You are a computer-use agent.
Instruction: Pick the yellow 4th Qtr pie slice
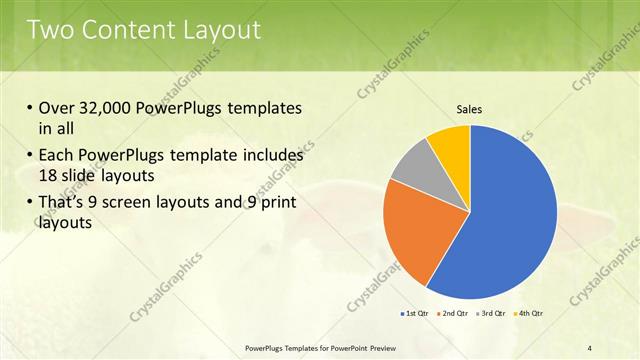pyautogui.click(x=451, y=146)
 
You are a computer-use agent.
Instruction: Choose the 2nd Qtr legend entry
pyautogui.click(x=455, y=314)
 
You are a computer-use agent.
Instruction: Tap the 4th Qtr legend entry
pyautogui.click(x=530, y=314)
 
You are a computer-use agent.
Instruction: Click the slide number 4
pyautogui.click(x=590, y=347)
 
